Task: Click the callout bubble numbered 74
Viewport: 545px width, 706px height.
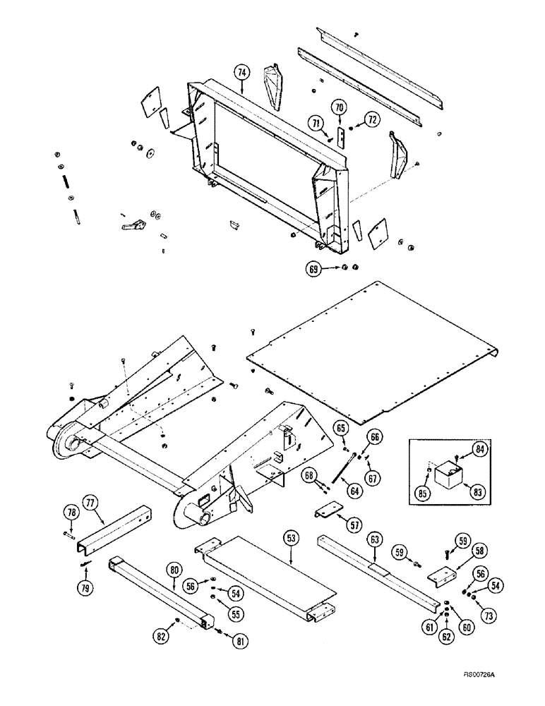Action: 242,72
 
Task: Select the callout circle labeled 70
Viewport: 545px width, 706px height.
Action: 340,107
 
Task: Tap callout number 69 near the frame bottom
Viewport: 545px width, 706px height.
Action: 313,268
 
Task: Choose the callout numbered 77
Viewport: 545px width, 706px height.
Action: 90,503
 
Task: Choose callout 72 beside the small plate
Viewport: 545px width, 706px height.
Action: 370,119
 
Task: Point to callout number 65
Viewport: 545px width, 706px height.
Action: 340,428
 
